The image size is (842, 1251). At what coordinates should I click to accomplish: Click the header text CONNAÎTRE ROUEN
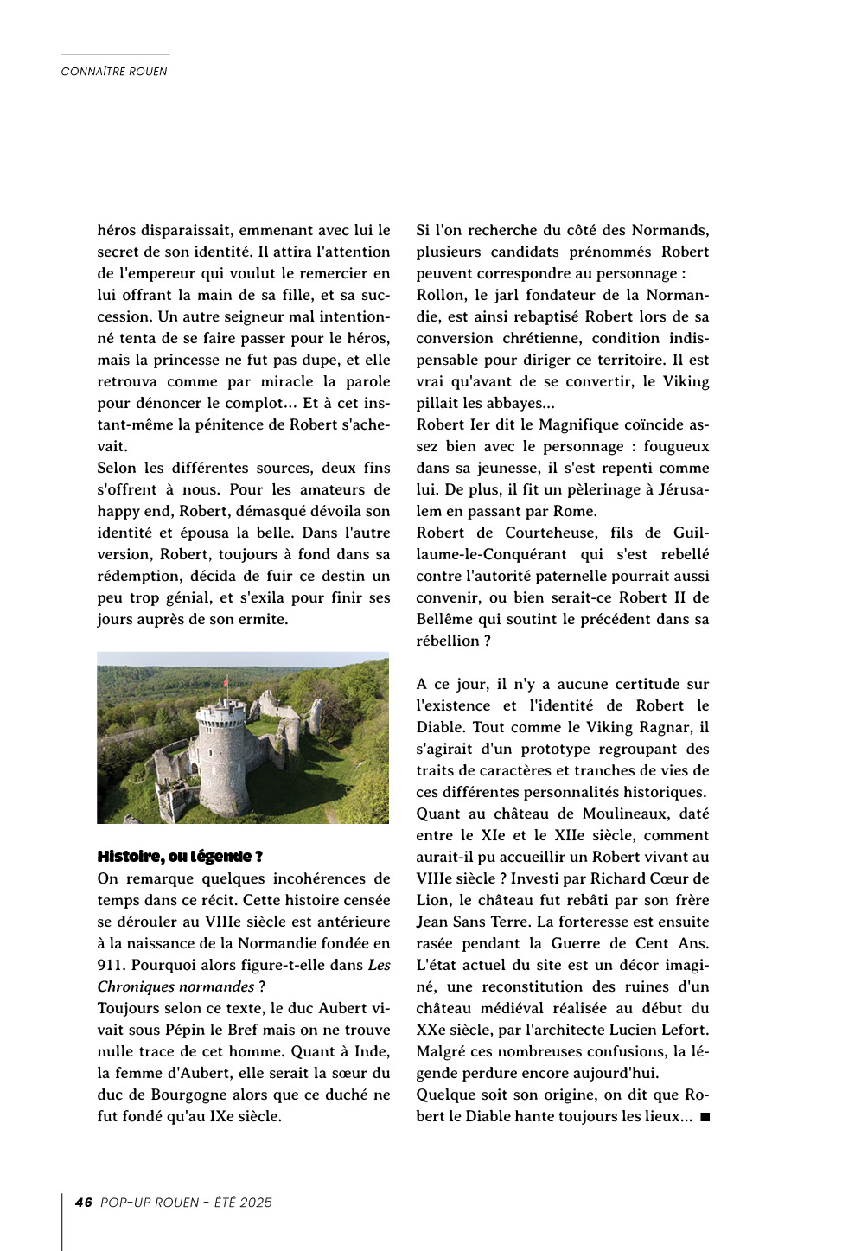point(114,72)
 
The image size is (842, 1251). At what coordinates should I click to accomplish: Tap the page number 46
point(84,1203)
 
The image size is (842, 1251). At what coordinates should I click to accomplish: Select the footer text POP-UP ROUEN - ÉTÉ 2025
point(186,1203)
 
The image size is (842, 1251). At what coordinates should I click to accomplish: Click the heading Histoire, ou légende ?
point(180,857)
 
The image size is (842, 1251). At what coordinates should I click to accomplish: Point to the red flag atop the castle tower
point(226,683)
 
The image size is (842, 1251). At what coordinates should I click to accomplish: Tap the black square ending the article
point(705,1117)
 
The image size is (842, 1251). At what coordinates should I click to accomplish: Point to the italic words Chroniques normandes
point(175,986)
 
